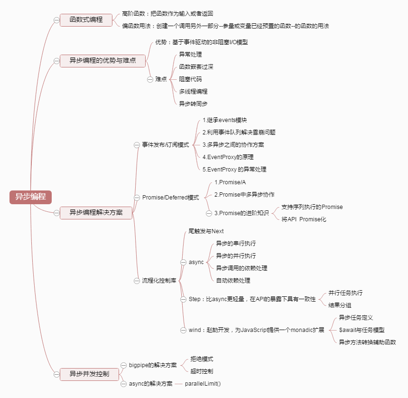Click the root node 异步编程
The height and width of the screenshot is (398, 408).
30,197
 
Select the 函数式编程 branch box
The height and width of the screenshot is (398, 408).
86,20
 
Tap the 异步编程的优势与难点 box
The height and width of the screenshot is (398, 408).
102,60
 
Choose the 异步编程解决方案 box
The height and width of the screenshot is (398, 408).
96,213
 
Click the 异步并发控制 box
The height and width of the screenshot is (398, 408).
89,374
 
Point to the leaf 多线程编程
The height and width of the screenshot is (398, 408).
193,91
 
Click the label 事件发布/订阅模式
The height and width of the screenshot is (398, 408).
166,145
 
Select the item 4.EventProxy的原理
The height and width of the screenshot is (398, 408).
231,157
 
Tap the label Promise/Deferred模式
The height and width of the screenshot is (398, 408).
170,197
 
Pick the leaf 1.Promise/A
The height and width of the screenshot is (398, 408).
230,182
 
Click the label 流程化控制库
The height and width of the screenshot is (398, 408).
159,281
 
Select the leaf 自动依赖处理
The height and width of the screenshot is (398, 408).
233,280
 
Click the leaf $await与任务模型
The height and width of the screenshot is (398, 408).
362,330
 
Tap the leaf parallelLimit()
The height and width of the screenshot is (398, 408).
203,383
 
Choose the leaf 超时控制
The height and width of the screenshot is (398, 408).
202,371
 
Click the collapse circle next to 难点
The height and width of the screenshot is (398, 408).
150,79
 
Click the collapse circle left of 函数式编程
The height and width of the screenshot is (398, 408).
56,20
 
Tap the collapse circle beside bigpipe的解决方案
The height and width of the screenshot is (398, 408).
123,365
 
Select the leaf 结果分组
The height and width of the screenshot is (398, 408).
340,305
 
